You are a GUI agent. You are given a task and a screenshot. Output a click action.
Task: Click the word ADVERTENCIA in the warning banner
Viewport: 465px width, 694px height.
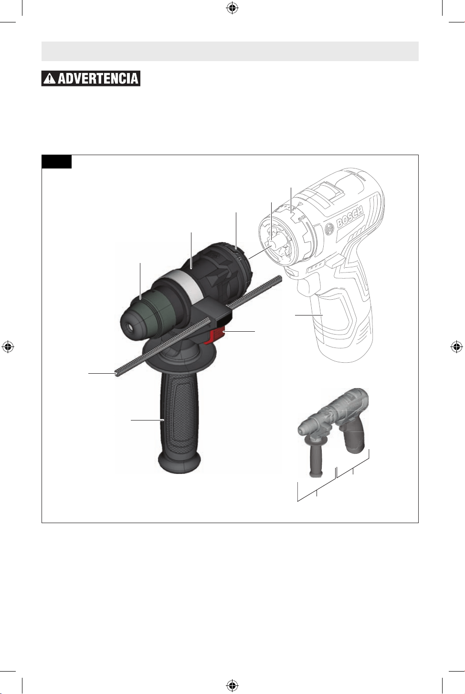coord(98,78)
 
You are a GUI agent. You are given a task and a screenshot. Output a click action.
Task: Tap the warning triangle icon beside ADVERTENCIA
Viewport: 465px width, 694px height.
coord(50,78)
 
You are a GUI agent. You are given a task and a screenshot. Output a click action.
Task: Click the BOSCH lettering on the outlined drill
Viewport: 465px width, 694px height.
coord(350,217)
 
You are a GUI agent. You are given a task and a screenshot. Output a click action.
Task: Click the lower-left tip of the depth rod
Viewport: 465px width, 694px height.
coord(116,374)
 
